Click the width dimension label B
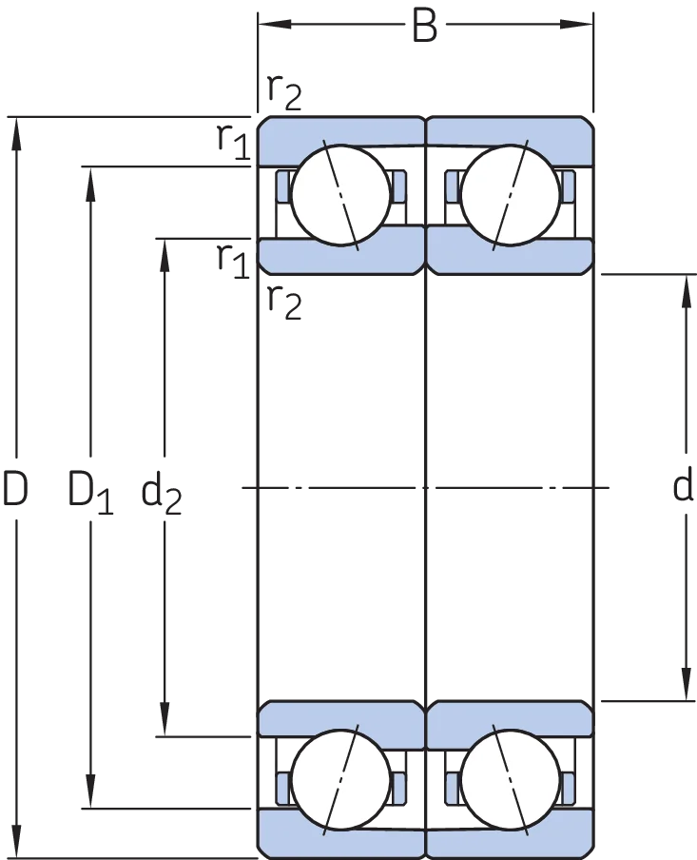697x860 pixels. click(424, 25)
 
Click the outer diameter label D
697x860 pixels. click(15, 488)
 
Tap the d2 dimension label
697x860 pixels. click(162, 492)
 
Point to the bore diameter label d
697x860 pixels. click(682, 486)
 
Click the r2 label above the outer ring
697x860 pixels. click(284, 91)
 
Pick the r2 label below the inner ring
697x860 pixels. click(284, 302)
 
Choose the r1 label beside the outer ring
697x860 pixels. click(234, 142)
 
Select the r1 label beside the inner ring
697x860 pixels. click(234, 260)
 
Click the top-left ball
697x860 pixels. click(340, 195)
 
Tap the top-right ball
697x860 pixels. click(511, 195)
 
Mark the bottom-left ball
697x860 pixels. click(340, 779)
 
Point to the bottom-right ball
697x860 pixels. click(511, 779)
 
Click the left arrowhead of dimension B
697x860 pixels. click(274, 24)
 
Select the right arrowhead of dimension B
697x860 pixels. click(576, 24)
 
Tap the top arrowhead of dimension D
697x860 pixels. click(16, 133)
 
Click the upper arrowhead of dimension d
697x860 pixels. click(686, 290)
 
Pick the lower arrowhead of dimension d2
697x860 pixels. click(164, 719)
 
